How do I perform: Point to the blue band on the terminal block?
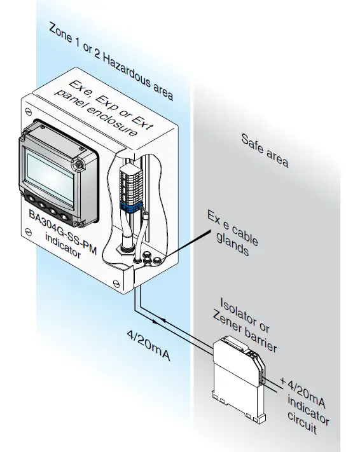(x=132, y=206)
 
